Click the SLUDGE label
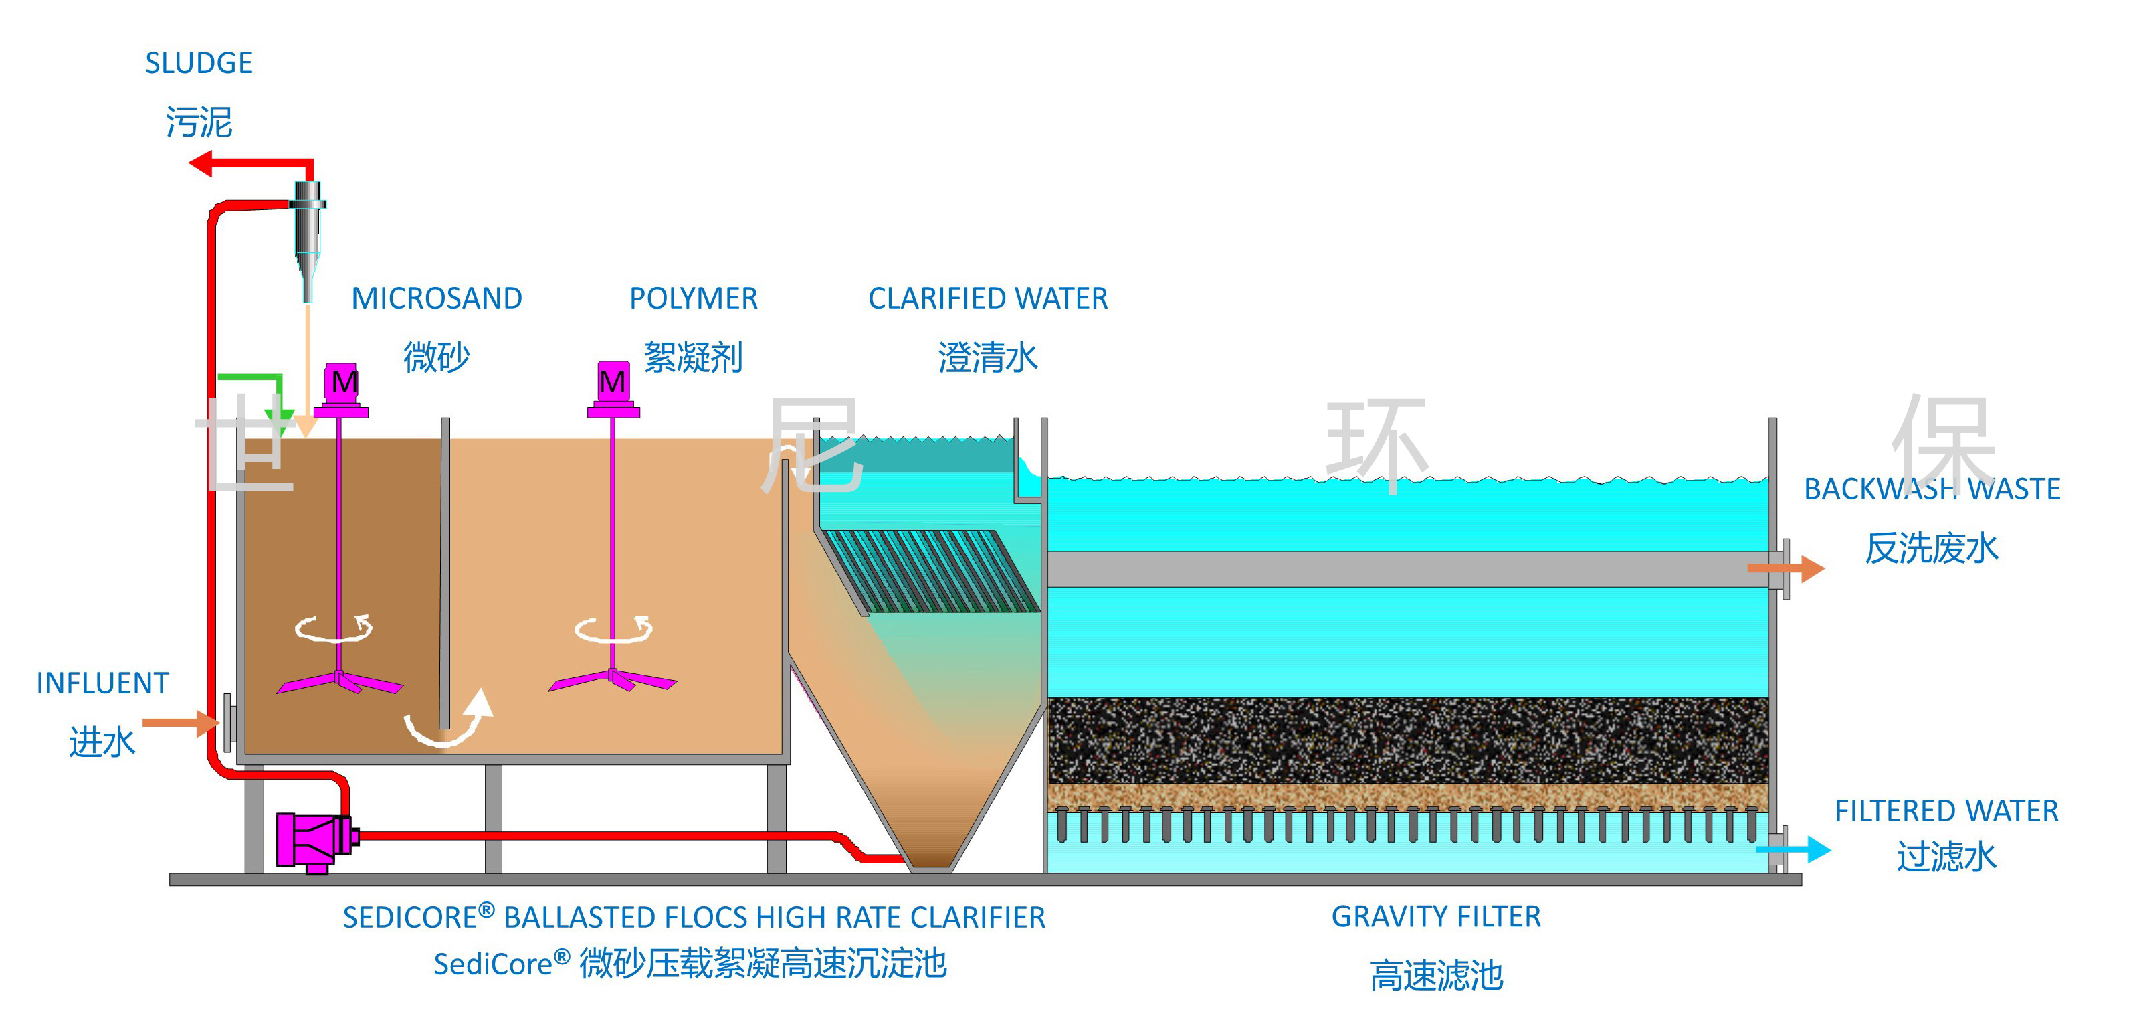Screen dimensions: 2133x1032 point(199,63)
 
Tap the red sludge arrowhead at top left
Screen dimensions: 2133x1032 point(201,163)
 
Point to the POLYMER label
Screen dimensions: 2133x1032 point(693,298)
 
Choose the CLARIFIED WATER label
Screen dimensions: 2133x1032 point(988,298)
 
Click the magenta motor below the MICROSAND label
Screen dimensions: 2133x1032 point(340,390)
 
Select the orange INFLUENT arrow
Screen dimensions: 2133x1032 point(181,722)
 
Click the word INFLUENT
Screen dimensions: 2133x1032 point(103,683)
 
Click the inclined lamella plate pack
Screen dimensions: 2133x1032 point(932,572)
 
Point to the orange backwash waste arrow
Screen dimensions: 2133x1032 point(1786,568)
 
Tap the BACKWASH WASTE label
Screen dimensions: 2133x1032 point(1932,489)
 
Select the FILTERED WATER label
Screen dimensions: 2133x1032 point(1946,811)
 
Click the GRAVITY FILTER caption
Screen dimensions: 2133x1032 point(1436,917)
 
